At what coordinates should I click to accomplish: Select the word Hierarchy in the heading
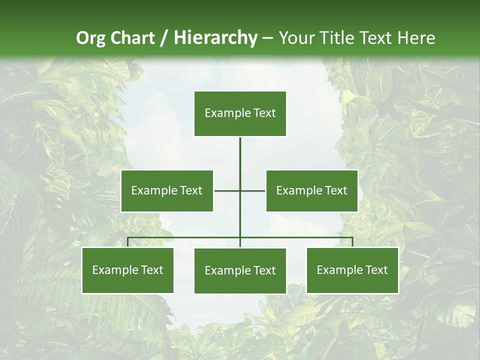click(215, 38)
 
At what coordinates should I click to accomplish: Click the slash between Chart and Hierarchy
click(164, 38)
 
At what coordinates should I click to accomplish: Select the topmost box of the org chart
click(240, 113)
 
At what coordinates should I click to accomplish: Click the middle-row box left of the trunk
click(167, 190)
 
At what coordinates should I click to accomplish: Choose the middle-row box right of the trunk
click(311, 190)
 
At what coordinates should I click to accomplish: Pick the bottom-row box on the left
click(128, 270)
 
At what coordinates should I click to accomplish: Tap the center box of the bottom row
click(240, 270)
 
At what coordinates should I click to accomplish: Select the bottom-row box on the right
click(352, 270)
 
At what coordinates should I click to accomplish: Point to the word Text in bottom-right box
click(376, 270)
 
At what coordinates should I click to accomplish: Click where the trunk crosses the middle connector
click(240, 190)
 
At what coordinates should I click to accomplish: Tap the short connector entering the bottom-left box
click(128, 242)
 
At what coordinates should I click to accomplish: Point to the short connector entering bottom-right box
click(352, 242)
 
